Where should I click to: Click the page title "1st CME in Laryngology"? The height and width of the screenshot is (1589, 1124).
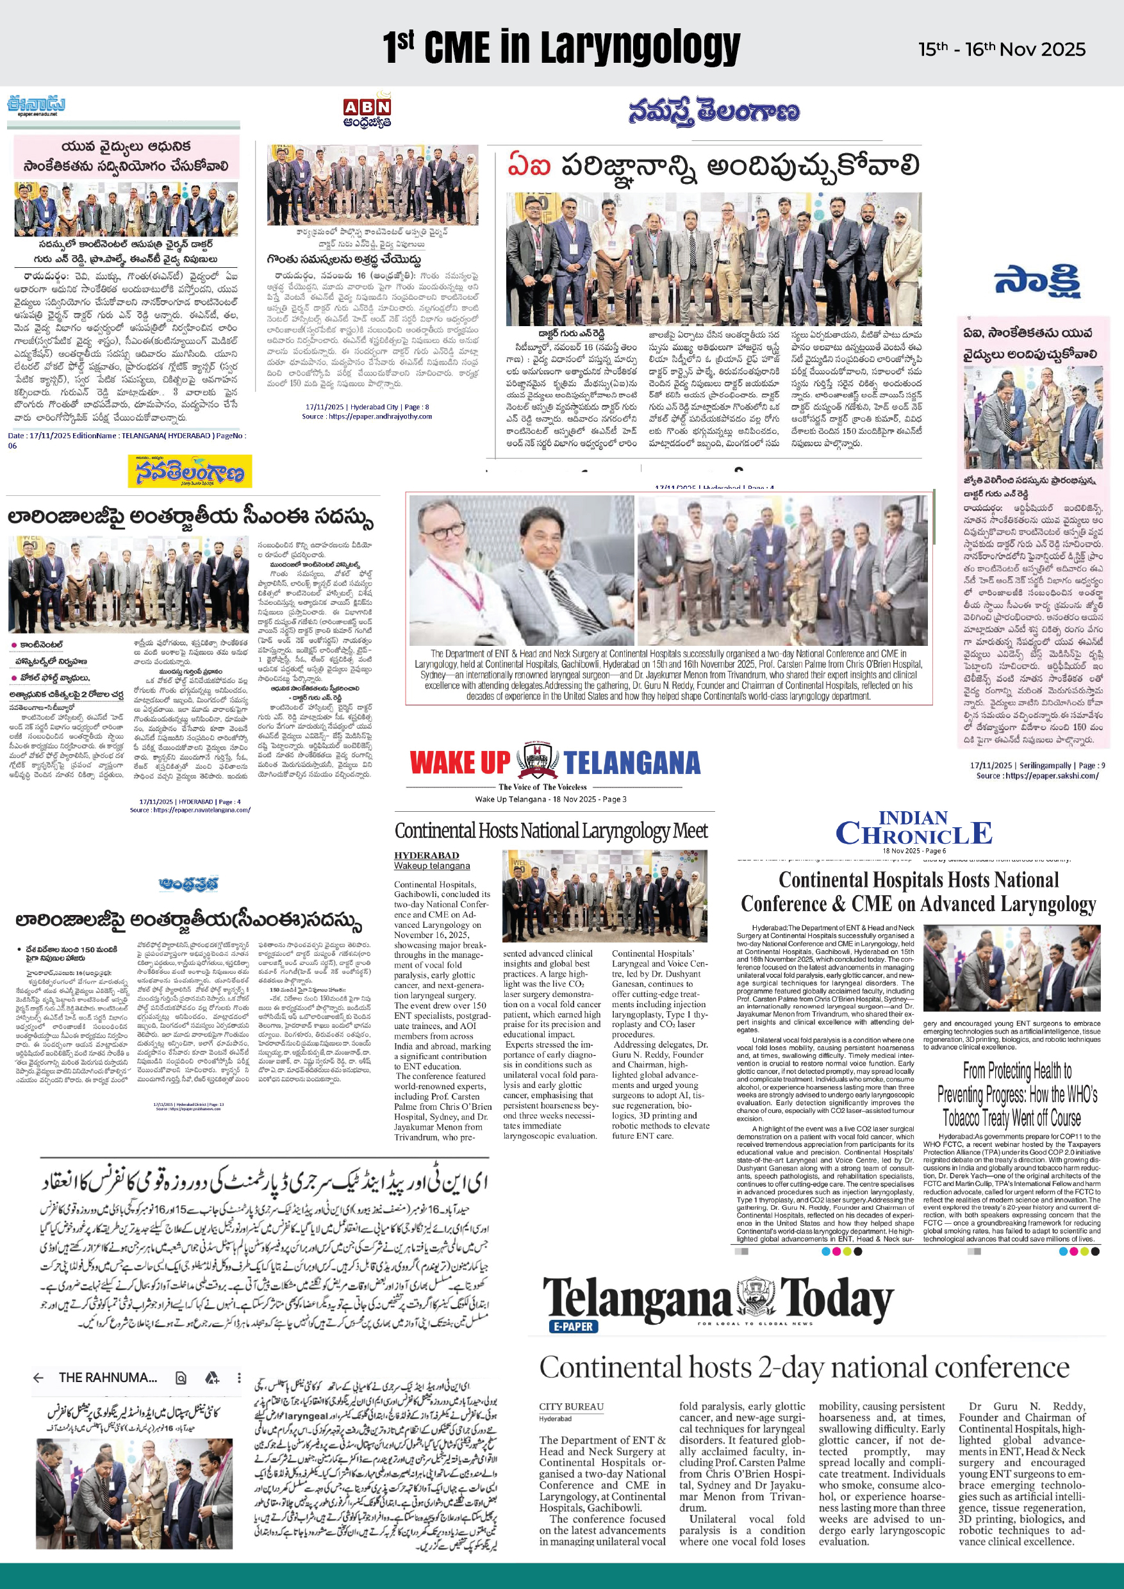click(x=561, y=46)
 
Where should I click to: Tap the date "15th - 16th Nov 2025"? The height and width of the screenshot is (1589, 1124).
click(x=1002, y=49)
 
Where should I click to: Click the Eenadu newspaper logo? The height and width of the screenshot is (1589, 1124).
click(x=36, y=105)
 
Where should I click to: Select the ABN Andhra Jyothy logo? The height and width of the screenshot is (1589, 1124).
click(x=367, y=112)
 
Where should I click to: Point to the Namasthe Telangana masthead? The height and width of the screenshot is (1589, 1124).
click(x=714, y=111)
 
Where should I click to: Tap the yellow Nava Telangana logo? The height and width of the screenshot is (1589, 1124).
click(x=189, y=472)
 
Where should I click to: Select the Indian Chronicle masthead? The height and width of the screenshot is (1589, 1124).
click(x=914, y=829)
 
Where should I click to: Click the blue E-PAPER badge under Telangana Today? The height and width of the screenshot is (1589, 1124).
click(x=574, y=1326)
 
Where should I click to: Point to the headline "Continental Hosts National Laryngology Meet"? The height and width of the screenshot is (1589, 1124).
click(x=551, y=830)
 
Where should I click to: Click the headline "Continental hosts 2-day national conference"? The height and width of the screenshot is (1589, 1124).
click(x=804, y=1367)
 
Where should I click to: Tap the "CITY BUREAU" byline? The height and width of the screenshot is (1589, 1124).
click(x=571, y=1406)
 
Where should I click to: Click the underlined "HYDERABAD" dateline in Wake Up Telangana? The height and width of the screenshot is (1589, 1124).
click(x=426, y=855)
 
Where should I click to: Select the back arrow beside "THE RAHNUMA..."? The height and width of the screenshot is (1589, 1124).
click(x=38, y=1377)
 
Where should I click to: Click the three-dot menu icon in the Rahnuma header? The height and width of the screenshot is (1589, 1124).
click(x=239, y=1377)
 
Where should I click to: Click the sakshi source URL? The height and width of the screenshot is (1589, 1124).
click(x=1037, y=775)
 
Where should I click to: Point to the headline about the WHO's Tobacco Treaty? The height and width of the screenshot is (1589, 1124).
click(x=1017, y=1094)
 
